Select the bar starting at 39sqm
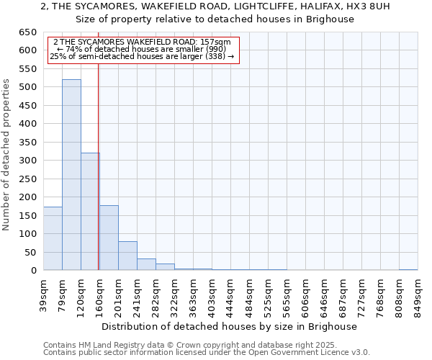pyautogui.click(x=53, y=238)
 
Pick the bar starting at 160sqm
pyautogui.click(x=109, y=238)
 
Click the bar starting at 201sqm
pyautogui.click(x=127, y=256)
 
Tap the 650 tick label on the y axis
pyautogui.click(x=27, y=32)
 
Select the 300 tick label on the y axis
pyautogui.click(x=27, y=161)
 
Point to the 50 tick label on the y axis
pyautogui.click(x=30, y=252)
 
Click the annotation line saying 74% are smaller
pyautogui.click(x=143, y=49)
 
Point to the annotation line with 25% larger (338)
pyautogui.click(x=143, y=56)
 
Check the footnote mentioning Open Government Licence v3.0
pyautogui.click(x=207, y=352)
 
